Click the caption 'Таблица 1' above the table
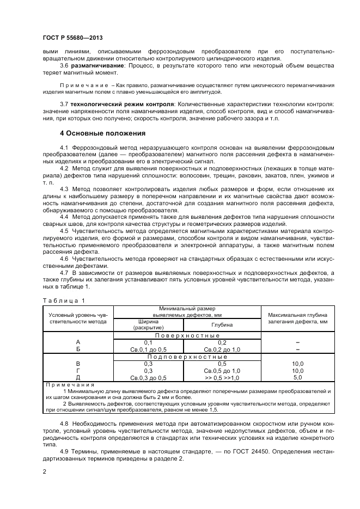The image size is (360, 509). tap(63, 300)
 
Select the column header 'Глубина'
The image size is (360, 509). tap(222, 324)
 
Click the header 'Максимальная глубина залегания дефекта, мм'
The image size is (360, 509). tap(297, 318)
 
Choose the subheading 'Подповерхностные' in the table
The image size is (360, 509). tap(187, 357)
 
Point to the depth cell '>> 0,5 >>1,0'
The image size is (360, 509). tap(222, 377)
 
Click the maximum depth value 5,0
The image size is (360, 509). tap(297, 377)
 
